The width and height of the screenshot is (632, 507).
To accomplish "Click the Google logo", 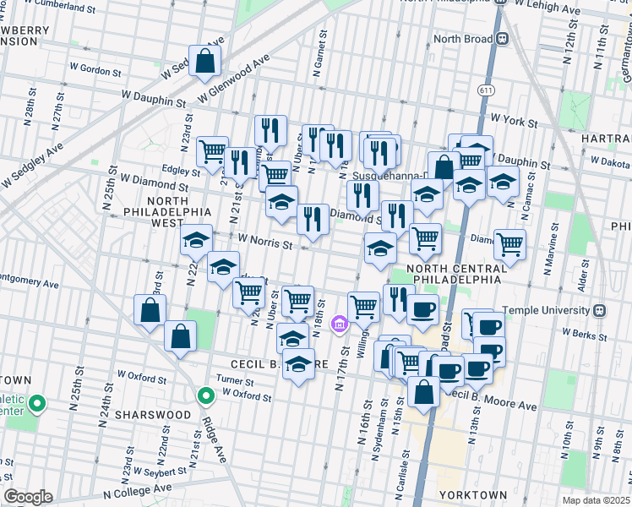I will tap(28, 497).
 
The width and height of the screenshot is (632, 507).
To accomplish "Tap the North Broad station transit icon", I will tap(502, 38).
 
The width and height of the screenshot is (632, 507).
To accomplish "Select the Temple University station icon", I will tap(600, 309).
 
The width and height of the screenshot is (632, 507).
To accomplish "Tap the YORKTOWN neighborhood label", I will tap(473, 494).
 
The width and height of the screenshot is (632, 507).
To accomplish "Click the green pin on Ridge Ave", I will tap(205, 395).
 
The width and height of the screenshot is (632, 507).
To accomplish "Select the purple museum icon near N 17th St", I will tap(340, 324).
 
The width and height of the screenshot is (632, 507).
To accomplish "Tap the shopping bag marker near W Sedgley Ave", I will tap(204, 61).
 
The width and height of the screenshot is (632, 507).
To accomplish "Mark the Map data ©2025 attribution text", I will tap(596, 500).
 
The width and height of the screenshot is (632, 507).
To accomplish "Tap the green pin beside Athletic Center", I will tap(36, 404).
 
